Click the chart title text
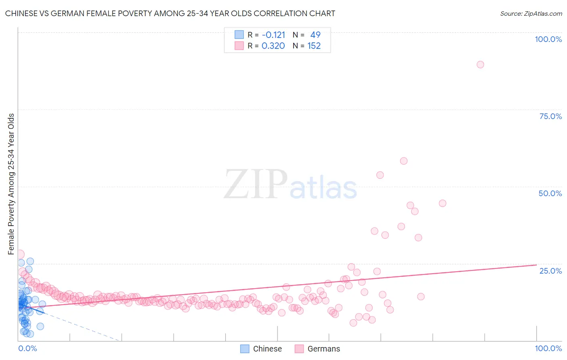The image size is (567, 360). [170, 13]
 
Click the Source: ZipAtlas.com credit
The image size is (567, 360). [531, 13]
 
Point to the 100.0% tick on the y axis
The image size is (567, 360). [548, 39]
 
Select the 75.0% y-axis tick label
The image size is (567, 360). [550, 116]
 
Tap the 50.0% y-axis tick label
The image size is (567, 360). [550, 193]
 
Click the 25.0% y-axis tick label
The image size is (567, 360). [550, 271]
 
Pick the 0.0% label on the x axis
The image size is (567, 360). [27, 348]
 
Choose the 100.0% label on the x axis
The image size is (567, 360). [548, 348]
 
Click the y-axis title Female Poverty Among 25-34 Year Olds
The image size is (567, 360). [11, 184]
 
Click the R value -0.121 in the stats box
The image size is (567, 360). [273, 35]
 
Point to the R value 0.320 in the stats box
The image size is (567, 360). [273, 46]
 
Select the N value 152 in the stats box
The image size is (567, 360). [314, 46]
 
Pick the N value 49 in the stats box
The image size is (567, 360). [315, 35]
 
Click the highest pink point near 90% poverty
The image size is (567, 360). [480, 65]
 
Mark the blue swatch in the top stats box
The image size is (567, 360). [239, 35]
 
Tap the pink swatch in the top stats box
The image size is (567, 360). [239, 46]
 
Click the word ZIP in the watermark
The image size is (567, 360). [256, 185]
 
